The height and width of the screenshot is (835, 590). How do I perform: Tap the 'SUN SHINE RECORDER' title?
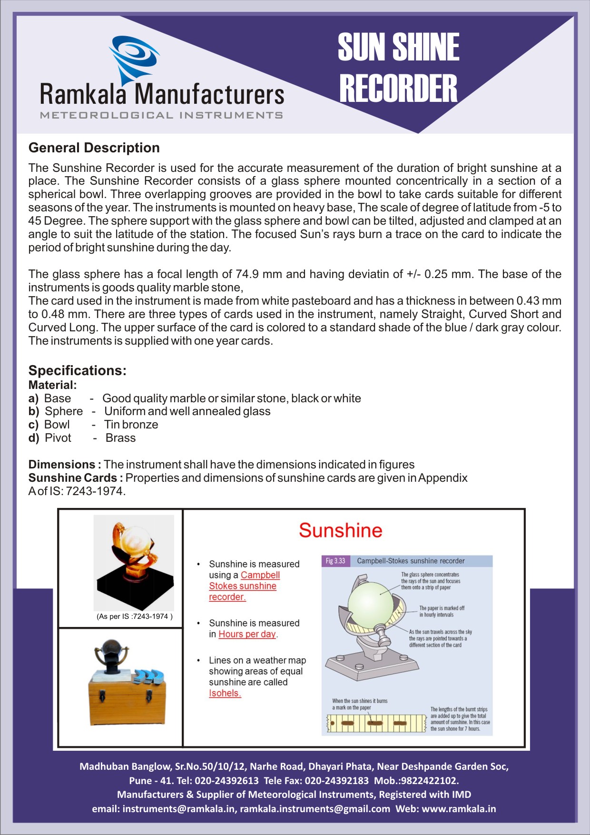point(398,68)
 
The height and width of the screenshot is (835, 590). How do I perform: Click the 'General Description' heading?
point(94,148)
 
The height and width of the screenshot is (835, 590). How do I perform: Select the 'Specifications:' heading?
point(78,370)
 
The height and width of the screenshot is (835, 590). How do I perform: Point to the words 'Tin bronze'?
point(131,425)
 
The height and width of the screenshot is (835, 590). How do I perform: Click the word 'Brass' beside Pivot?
point(120,438)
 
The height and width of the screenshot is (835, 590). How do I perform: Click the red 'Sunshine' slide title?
point(340,530)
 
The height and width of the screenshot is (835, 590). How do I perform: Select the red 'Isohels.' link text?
point(225,693)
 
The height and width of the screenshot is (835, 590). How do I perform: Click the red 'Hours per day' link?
point(247,634)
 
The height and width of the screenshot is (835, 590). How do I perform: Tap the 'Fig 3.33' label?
point(335,561)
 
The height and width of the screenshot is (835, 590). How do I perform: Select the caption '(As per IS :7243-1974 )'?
point(135,616)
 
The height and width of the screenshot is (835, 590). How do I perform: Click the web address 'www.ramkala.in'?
point(459,809)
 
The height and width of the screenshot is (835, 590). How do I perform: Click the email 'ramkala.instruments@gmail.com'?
point(315,809)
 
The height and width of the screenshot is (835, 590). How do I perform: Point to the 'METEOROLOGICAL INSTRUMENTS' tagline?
point(161,115)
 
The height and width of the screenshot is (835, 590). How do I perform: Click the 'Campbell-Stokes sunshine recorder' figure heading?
point(411,561)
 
